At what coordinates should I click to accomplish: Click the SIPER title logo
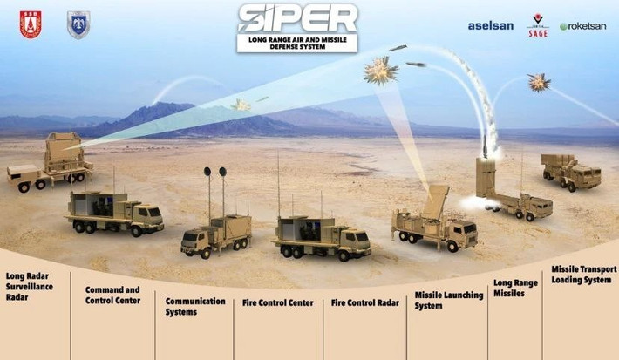tap(296, 17)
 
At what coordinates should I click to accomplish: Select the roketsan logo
tap(582, 26)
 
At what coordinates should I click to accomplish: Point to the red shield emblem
tap(31, 24)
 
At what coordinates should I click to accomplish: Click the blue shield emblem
tap(78, 24)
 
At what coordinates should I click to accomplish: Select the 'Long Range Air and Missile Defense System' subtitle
tap(296, 43)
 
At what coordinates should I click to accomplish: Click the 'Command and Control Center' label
tap(112, 295)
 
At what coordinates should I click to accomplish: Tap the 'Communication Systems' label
tap(195, 306)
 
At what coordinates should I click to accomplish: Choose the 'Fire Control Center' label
tap(277, 303)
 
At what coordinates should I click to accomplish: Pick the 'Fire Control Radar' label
tap(364, 303)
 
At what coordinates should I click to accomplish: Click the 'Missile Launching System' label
tap(448, 300)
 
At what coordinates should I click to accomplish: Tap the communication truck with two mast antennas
tap(216, 231)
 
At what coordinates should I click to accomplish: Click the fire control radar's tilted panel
tap(435, 201)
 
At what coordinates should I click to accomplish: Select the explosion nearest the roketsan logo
tap(539, 83)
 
